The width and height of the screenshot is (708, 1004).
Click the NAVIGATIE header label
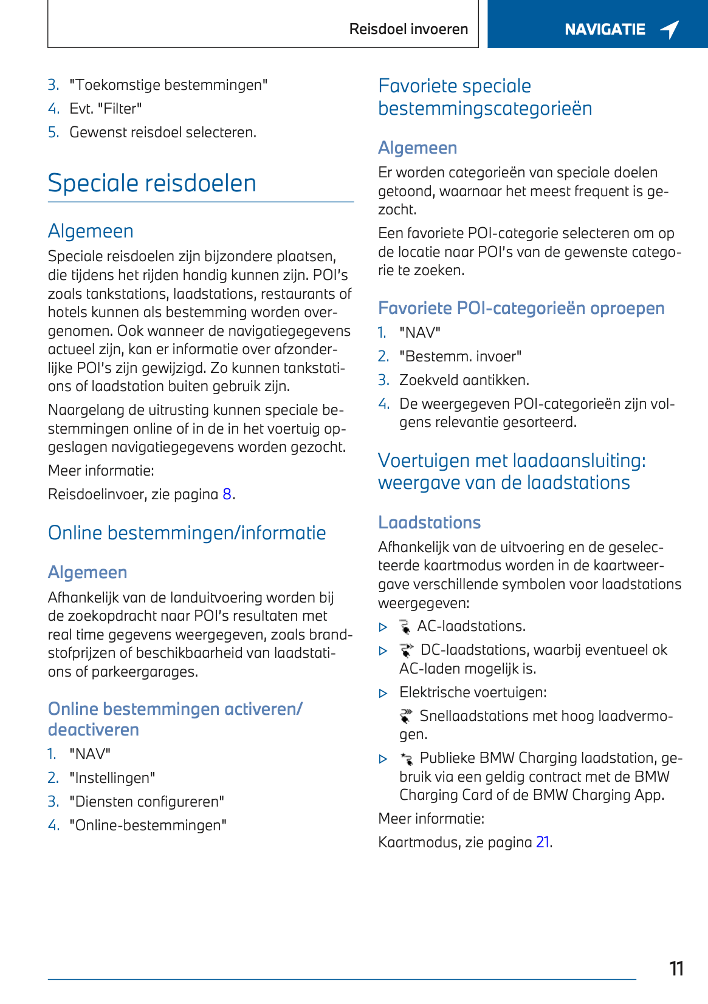(x=605, y=29)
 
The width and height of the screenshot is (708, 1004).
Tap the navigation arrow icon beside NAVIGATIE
(x=670, y=29)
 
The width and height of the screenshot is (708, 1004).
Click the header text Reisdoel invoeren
(x=408, y=29)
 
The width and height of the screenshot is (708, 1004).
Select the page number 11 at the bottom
(x=676, y=968)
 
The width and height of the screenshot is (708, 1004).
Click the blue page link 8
(x=227, y=494)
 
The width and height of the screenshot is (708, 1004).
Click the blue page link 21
(x=543, y=842)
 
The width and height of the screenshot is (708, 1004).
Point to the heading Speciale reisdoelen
(x=152, y=183)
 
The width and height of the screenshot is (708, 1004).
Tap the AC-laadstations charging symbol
(x=405, y=627)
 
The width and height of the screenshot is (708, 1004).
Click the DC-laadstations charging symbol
(x=407, y=651)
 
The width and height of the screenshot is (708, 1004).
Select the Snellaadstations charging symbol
(x=406, y=716)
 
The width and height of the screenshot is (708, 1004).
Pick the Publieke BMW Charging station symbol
(x=406, y=759)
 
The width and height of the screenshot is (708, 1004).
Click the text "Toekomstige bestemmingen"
(x=168, y=85)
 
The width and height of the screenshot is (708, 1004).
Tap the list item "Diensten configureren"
(x=146, y=802)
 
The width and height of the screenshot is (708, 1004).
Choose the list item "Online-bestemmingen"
(x=148, y=825)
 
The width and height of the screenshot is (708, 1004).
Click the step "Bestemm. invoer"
(x=461, y=357)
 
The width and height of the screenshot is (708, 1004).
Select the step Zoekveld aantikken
(x=464, y=380)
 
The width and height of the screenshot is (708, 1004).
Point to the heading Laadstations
(x=430, y=522)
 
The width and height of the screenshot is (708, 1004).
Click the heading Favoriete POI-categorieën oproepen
(x=521, y=309)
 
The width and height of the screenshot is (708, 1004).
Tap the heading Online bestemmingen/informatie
(x=187, y=533)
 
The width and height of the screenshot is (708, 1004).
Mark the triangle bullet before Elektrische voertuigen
(x=383, y=693)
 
